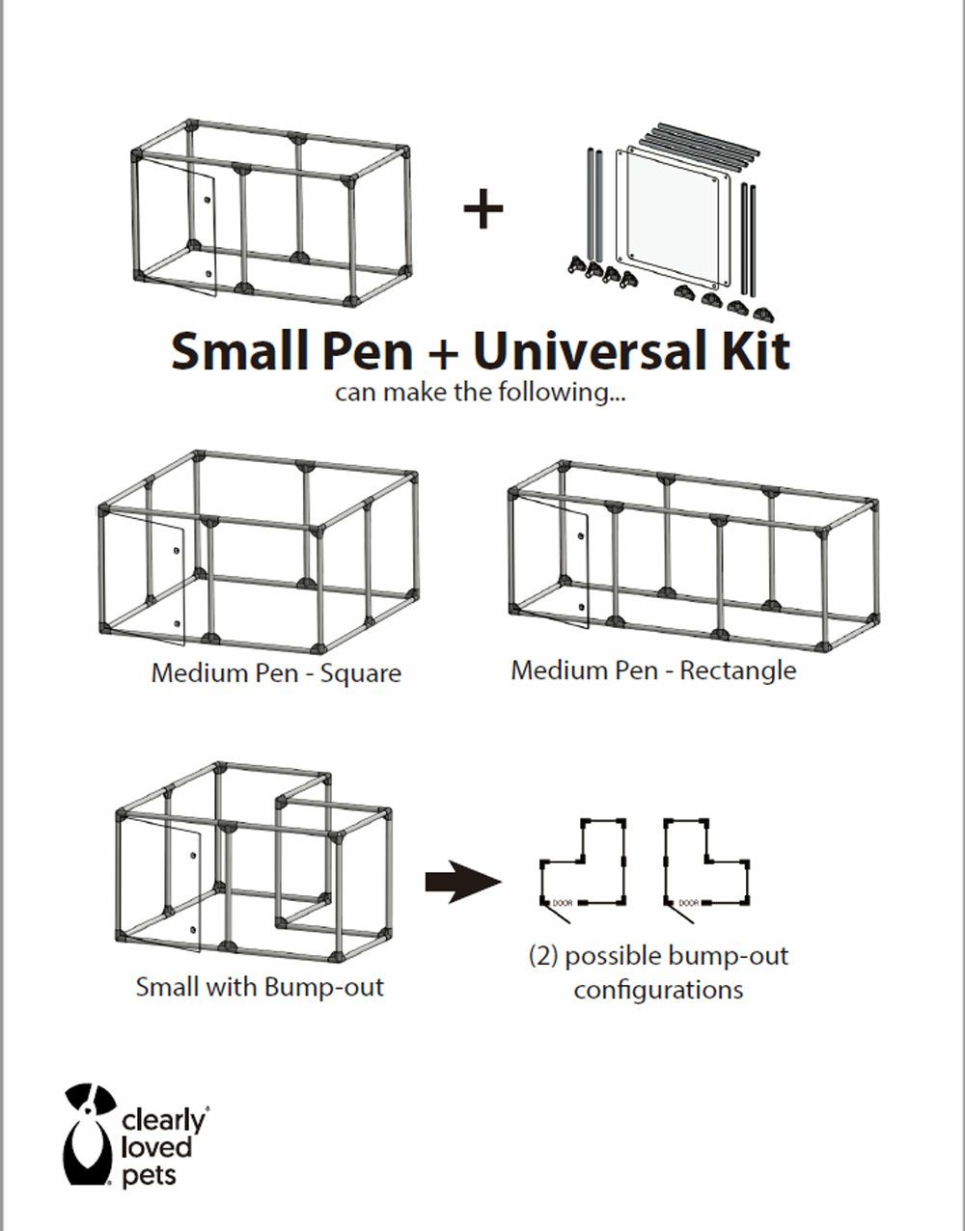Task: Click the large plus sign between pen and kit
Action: pyautogui.click(x=482, y=209)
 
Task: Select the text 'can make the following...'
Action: pyautogui.click(x=480, y=392)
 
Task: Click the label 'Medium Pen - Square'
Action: pyautogui.click(x=276, y=673)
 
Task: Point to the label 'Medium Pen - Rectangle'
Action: pyautogui.click(x=653, y=670)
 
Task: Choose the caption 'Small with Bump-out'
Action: pyautogui.click(x=260, y=987)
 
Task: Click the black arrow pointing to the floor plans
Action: pyautogui.click(x=463, y=882)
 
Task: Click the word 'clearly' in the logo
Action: pyautogui.click(x=163, y=1122)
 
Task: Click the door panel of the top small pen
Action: pyautogui.click(x=177, y=226)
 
